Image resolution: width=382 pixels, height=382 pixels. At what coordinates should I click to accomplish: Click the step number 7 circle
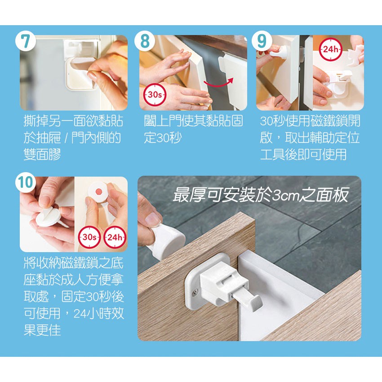pyautogui.click(x=26, y=41)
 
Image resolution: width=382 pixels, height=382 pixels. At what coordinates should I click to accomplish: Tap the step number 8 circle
pyautogui.click(x=145, y=41)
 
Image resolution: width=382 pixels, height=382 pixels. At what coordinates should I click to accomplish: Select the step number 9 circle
pyautogui.click(x=262, y=41)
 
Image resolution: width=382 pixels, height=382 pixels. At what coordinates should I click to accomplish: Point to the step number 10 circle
pyautogui.click(x=26, y=182)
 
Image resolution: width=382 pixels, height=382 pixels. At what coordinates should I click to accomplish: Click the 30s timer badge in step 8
pyautogui.click(x=155, y=94)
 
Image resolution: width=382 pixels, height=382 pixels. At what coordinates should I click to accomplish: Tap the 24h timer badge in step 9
pyautogui.click(x=331, y=49)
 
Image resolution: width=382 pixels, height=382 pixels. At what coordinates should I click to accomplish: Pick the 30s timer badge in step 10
pyautogui.click(x=89, y=237)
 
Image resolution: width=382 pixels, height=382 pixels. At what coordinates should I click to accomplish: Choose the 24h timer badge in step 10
pyautogui.click(x=115, y=237)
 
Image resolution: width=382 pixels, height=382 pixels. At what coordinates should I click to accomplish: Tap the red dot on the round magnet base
pyautogui.click(x=99, y=192)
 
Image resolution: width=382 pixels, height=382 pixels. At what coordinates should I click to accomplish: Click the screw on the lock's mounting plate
pyautogui.click(x=195, y=292)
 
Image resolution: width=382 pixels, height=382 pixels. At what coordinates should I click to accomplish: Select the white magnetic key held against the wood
pyautogui.click(x=166, y=242)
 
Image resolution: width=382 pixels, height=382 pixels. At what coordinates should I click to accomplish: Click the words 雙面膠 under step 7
pyautogui.click(x=42, y=155)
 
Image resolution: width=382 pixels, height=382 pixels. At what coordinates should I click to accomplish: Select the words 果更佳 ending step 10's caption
pyautogui.click(x=42, y=330)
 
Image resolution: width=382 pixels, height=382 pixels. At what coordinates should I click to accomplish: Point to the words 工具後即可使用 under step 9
pyautogui.click(x=303, y=155)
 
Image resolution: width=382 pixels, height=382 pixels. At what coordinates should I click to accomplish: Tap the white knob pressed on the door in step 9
pyautogui.click(x=280, y=53)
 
